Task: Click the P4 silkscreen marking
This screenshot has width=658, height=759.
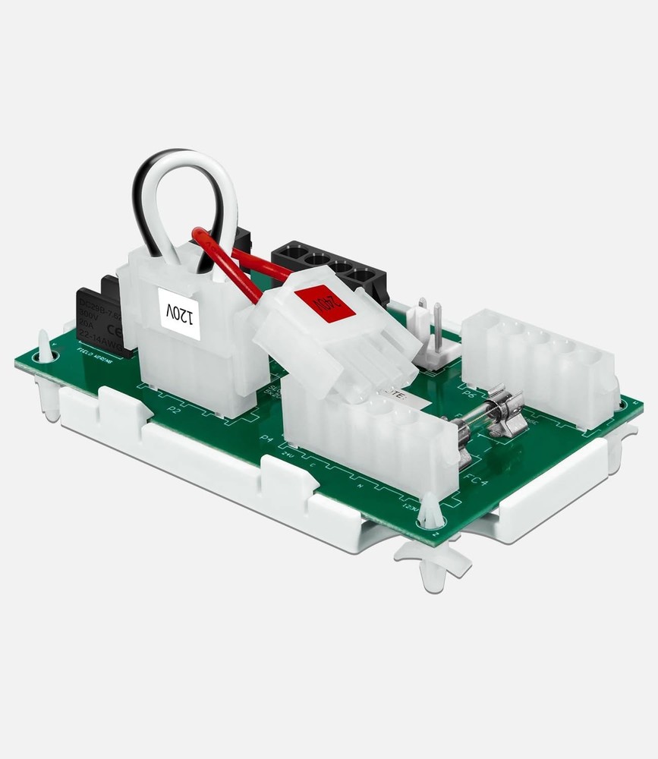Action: click(266, 439)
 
